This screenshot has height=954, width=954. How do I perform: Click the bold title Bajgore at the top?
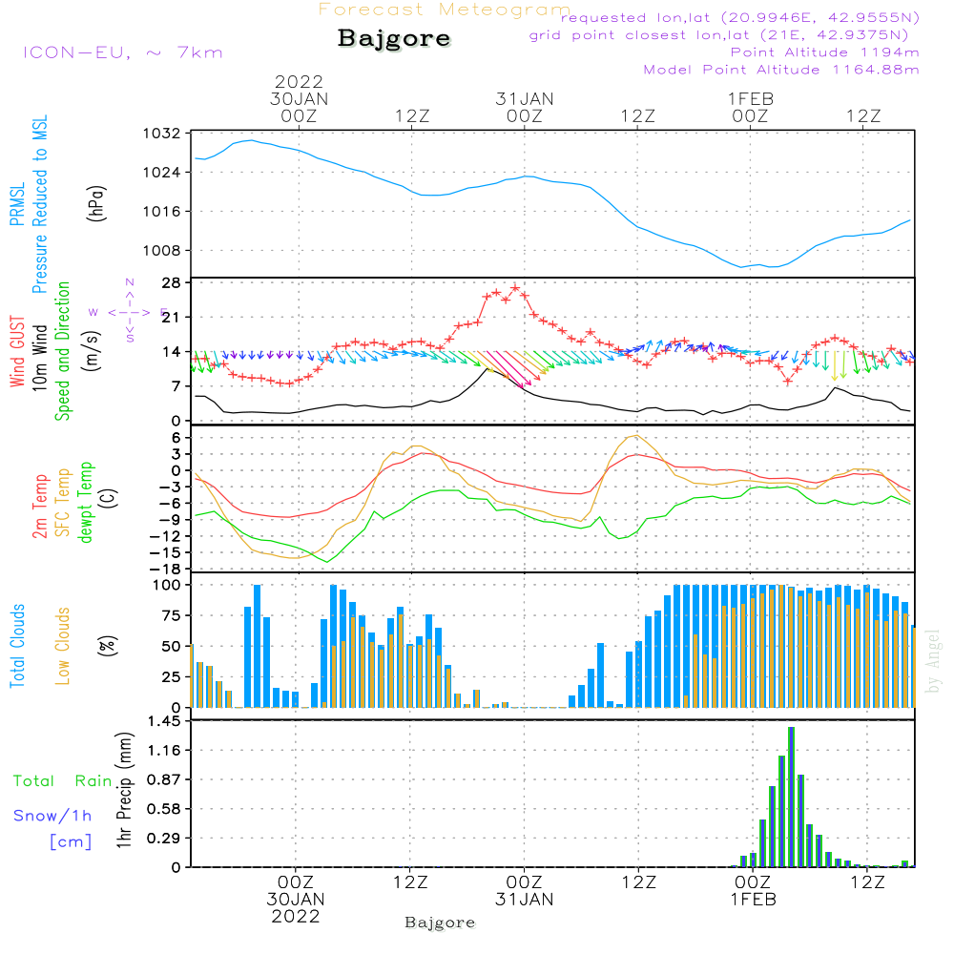click(394, 40)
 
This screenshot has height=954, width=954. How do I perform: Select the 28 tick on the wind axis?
click(172, 282)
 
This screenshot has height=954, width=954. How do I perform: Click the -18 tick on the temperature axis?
click(168, 569)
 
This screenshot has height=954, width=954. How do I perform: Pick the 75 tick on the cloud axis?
click(172, 615)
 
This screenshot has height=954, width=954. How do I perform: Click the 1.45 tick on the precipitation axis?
click(163, 721)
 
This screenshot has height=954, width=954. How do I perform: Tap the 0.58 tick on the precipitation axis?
click(163, 809)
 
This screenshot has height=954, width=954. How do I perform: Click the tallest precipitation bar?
click(791, 797)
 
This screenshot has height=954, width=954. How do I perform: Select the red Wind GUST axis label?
click(17, 339)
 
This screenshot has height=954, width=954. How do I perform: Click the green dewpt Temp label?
click(85, 503)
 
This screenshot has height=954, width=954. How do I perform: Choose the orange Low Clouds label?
click(63, 645)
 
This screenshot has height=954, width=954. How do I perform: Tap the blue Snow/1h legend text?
click(52, 816)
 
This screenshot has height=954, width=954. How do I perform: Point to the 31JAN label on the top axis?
click(524, 98)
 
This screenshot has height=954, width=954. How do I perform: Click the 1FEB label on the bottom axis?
click(753, 900)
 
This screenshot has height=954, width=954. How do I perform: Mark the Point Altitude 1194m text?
click(824, 52)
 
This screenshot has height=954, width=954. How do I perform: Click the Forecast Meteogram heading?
click(444, 10)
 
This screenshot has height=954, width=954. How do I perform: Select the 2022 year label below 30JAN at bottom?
click(296, 916)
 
